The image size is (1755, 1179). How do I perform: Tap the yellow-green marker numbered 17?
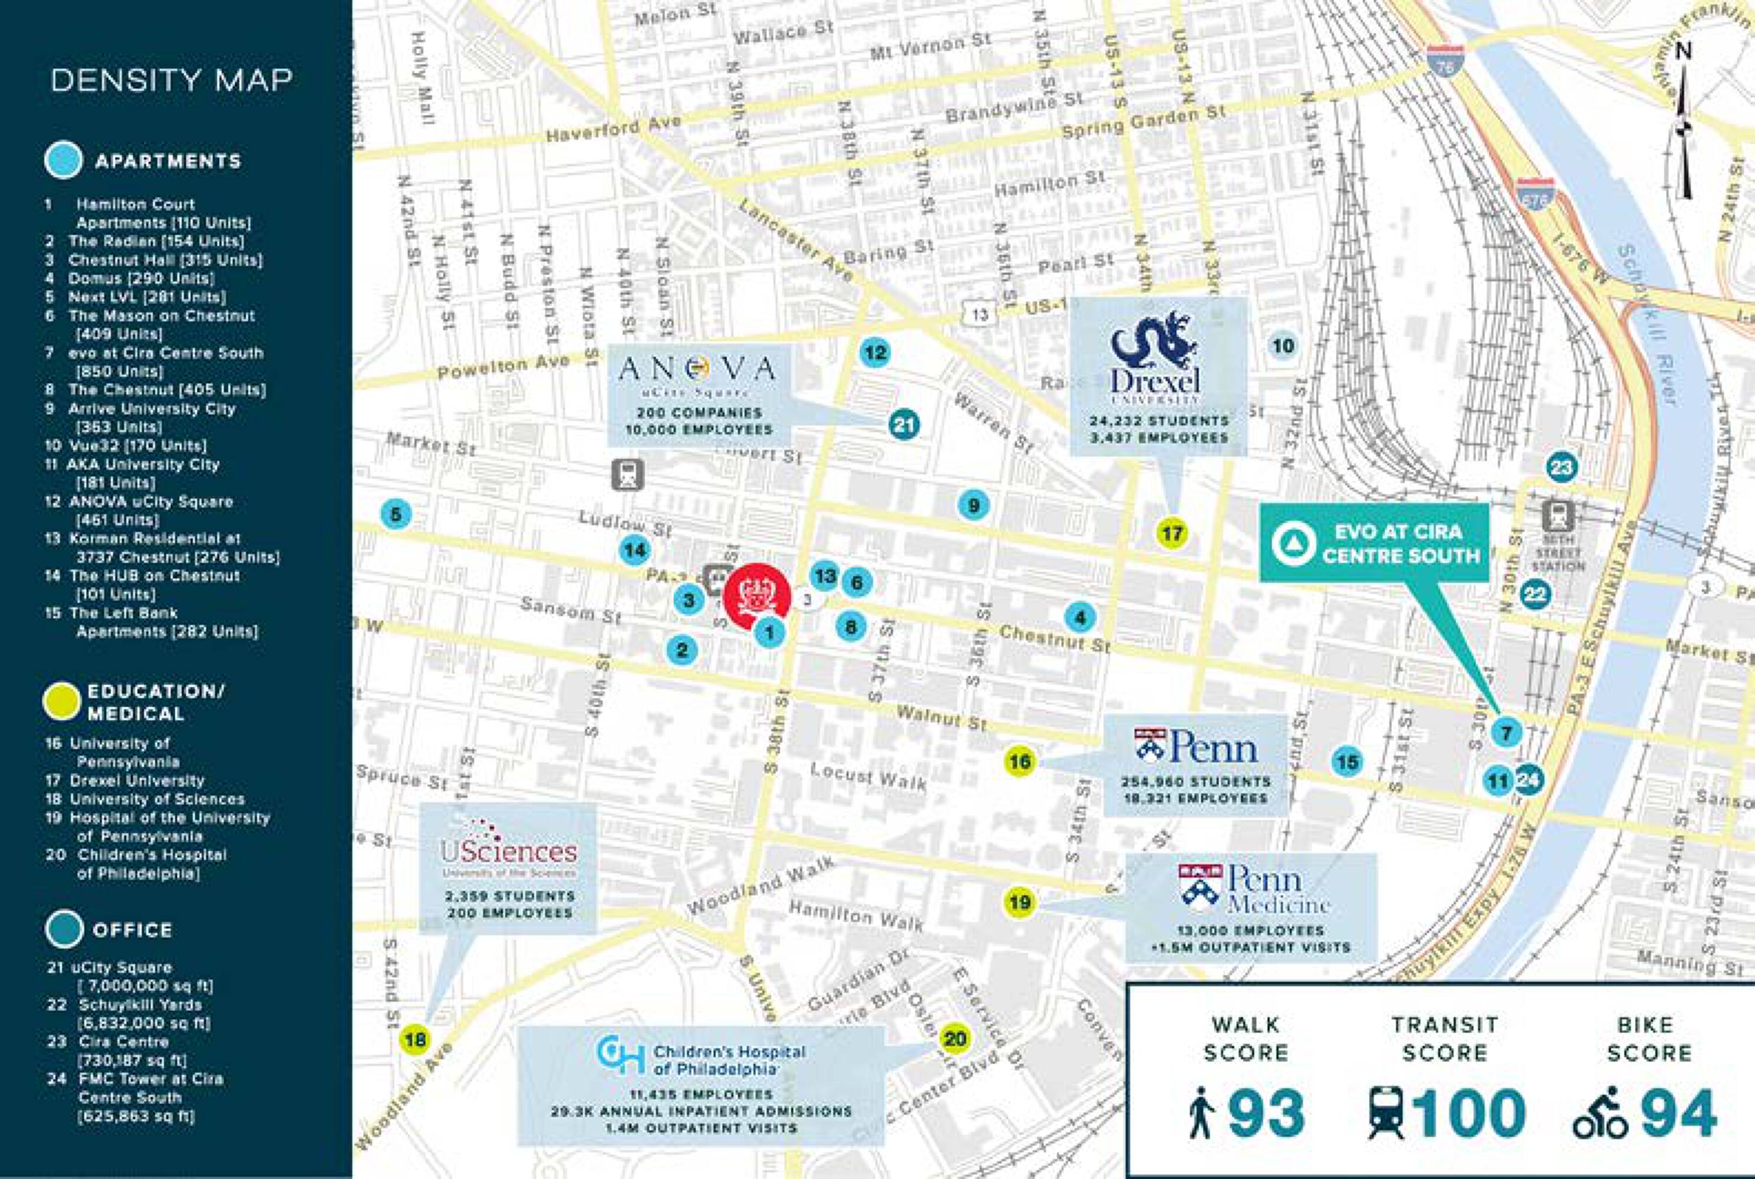coord(1172,534)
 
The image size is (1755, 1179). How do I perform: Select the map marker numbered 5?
coord(396,515)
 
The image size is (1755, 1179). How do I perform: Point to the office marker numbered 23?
coord(1561,467)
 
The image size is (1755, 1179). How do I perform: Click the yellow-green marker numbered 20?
coord(954,1039)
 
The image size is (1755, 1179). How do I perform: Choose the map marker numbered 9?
coord(973,505)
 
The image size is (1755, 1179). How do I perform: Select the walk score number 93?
coord(1266,1114)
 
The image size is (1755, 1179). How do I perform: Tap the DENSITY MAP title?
coord(172,80)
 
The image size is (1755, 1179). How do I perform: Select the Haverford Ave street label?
coord(613,129)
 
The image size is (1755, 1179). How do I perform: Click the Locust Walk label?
coord(868,776)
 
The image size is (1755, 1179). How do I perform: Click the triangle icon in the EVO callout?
coord(1293,543)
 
